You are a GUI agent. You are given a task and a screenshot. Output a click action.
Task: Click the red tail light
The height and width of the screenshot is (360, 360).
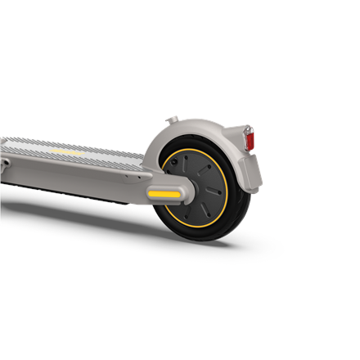(x=250, y=141)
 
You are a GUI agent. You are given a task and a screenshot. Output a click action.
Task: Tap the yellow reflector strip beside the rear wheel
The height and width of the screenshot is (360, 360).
(x=164, y=193)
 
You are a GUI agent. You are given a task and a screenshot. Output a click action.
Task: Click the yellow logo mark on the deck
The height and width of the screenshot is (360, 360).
(x=67, y=151)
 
